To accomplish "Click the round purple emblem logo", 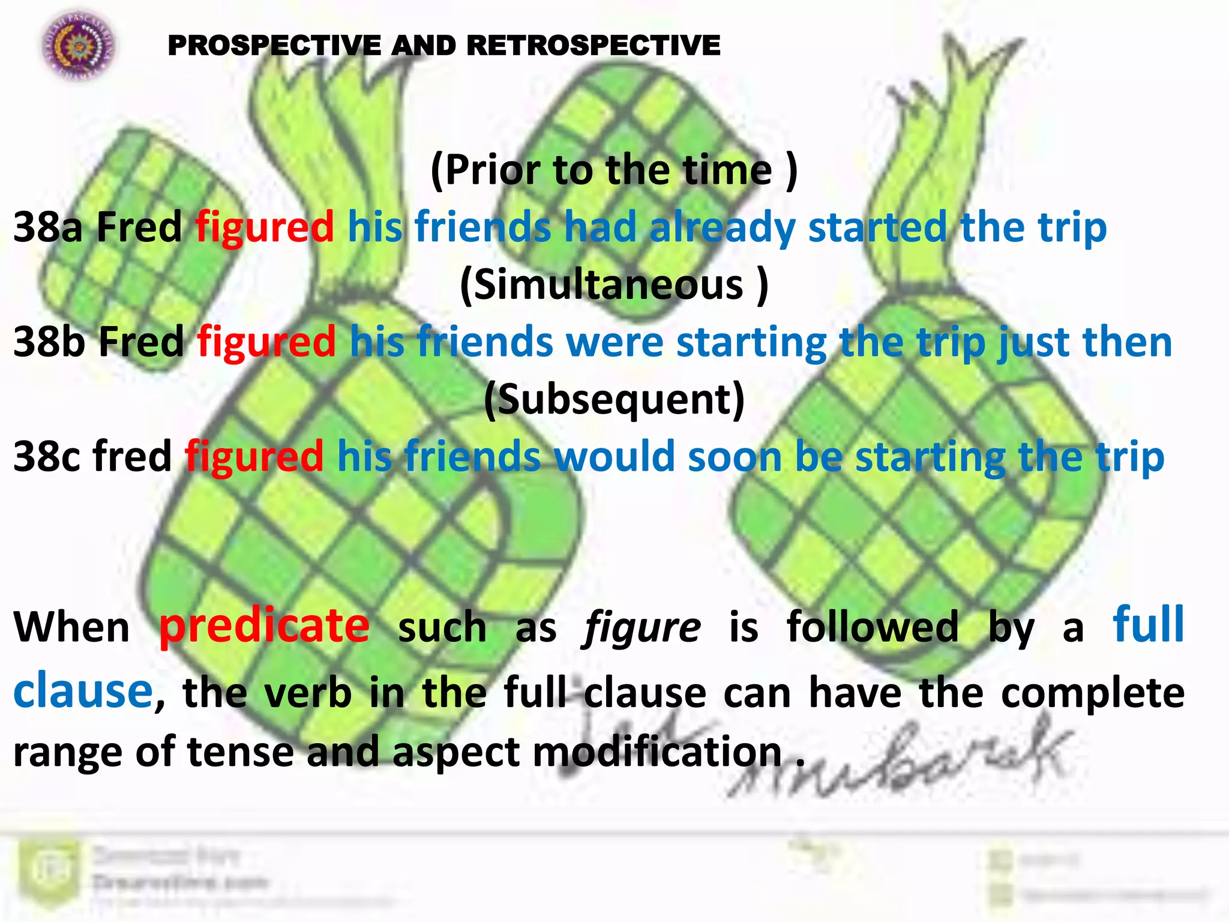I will pos(78,46).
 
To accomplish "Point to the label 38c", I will pos(47,456).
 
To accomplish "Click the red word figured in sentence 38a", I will pos(265,227).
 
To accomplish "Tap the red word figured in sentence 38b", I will pos(266,342).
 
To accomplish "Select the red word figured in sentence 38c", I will pos(254,456).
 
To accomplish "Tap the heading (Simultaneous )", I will pos(614,285).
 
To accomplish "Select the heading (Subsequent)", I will pos(614,399).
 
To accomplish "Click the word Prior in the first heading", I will pos(492,170).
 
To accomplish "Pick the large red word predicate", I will pos(264,626).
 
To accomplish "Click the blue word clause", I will pos(83,690).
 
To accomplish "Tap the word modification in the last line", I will pos(657,752).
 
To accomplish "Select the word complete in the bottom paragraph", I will pos(1093,693).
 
